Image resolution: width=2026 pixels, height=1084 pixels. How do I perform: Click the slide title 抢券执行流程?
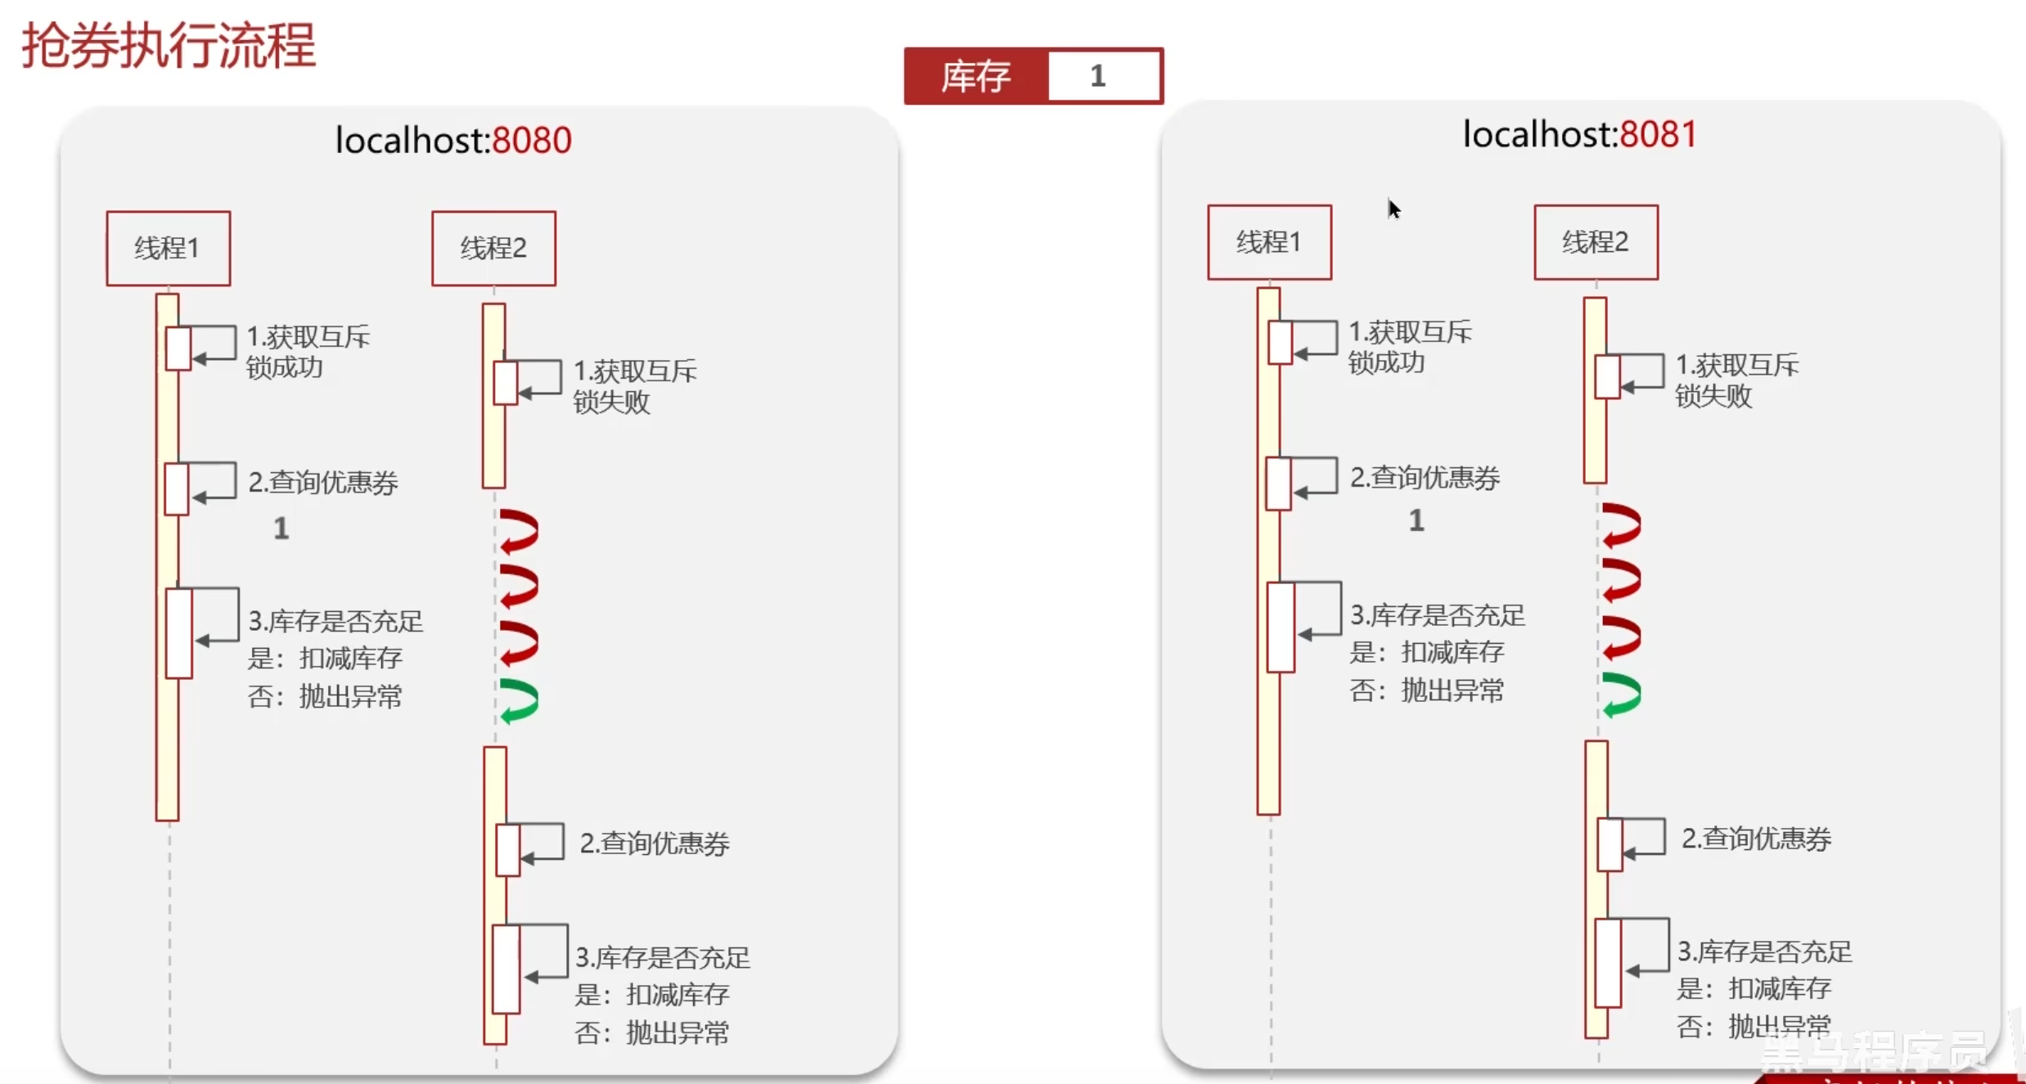[x=169, y=46]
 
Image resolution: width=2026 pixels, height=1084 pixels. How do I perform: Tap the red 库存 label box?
[x=975, y=76]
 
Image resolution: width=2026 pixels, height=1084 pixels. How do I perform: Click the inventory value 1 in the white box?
[x=1098, y=76]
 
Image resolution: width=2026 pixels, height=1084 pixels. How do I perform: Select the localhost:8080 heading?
[x=453, y=140]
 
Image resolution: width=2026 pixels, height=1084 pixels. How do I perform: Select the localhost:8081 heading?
[x=1579, y=134]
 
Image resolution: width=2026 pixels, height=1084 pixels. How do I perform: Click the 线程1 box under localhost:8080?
[x=168, y=248]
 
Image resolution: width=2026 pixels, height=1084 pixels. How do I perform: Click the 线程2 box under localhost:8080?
[x=493, y=248]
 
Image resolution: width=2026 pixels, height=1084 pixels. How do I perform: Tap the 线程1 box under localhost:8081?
[x=1269, y=242]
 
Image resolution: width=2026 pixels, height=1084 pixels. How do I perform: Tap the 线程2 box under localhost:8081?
[x=1596, y=242]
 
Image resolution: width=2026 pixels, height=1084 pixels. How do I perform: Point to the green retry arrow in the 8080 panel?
[x=520, y=701]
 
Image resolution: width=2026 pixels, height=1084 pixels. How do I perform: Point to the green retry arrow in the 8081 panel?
[x=1622, y=695]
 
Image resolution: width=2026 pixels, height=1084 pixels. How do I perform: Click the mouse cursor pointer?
[x=1393, y=209]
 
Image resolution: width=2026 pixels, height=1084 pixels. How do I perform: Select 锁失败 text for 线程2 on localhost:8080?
[x=611, y=403]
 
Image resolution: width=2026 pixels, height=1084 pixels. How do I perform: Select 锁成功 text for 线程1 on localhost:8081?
[x=1386, y=362]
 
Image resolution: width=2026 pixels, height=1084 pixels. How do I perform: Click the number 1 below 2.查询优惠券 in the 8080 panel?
[x=281, y=529]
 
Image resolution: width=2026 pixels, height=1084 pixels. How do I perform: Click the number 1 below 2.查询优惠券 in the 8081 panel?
[x=1416, y=520]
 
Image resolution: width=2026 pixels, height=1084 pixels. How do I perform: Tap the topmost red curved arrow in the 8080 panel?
[x=520, y=531]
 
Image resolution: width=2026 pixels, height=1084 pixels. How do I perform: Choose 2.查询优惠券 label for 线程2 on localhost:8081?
[x=1756, y=839]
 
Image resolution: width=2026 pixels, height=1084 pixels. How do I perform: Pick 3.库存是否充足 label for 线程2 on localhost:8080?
[x=663, y=957]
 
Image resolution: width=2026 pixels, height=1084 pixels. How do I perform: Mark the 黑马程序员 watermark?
[x=1874, y=1050]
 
